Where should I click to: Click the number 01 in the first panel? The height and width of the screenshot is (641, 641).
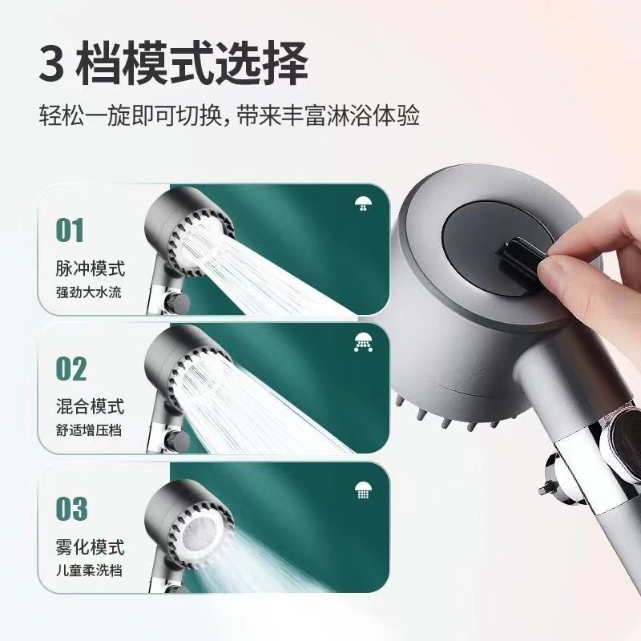[70, 230]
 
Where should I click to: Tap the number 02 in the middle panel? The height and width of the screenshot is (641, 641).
[71, 369]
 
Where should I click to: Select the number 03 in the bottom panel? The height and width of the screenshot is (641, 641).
[71, 509]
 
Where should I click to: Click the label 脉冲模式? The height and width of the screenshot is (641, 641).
[91, 268]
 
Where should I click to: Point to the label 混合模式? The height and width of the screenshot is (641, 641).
[91, 406]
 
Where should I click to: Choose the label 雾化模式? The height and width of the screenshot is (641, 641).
[91, 548]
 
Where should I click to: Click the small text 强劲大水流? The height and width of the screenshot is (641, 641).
[89, 291]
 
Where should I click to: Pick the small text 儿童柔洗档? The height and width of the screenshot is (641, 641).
[89, 571]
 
